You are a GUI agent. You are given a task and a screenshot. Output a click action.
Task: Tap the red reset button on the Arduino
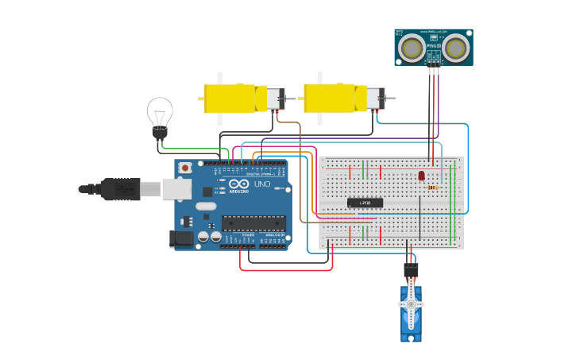[185, 168]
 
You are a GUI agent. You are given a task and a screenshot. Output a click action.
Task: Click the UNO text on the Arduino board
[261, 184]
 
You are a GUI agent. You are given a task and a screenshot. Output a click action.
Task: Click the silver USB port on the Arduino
[176, 188]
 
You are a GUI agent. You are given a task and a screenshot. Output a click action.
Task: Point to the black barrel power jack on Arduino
[182, 238]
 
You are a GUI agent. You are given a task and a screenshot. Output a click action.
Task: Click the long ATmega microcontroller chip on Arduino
[253, 223]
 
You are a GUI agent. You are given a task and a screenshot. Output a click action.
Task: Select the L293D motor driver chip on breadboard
[365, 203]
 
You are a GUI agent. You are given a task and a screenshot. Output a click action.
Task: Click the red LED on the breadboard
[421, 176]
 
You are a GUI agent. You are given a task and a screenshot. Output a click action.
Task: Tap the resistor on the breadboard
[433, 188]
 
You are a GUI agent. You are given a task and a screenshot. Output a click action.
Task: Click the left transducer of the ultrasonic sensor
[412, 48]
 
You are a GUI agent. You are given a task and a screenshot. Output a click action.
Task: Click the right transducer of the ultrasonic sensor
[456, 48]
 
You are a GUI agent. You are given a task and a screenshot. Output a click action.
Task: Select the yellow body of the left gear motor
[229, 99]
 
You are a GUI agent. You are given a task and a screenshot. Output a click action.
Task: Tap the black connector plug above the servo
[411, 270]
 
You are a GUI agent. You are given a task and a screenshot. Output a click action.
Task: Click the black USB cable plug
[120, 189]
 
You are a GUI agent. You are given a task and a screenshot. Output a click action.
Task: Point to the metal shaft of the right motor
[389, 98]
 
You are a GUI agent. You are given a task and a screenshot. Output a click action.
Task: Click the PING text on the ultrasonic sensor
[433, 47]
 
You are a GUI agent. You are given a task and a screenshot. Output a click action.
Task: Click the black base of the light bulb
[160, 132]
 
